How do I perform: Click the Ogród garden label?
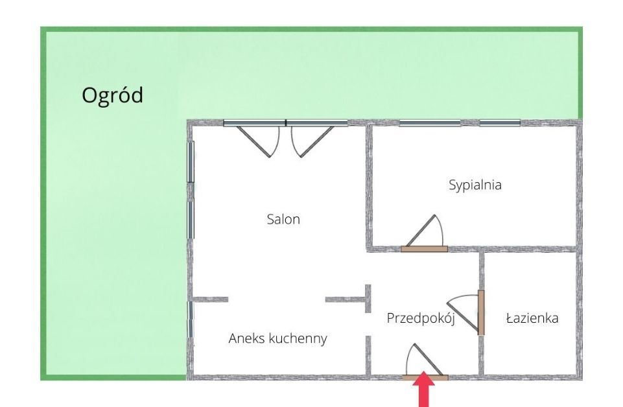(x=112, y=96)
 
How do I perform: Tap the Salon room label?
(x=283, y=219)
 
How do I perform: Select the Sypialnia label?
(x=475, y=185)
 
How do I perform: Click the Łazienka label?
(x=532, y=318)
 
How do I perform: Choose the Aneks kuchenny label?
(x=277, y=338)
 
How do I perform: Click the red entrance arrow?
(x=425, y=390)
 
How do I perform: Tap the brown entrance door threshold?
(x=425, y=376)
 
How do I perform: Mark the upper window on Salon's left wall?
(x=190, y=161)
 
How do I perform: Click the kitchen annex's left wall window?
(x=190, y=319)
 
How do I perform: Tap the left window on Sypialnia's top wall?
(x=429, y=122)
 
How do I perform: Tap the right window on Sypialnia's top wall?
(x=499, y=122)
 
